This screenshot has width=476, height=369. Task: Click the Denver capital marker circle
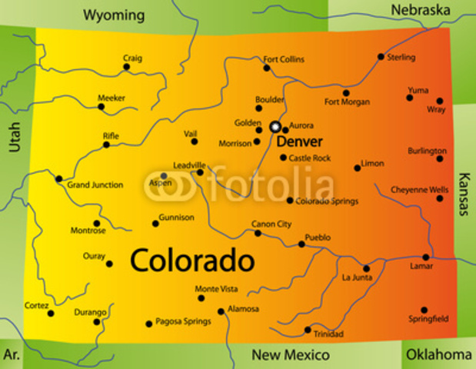pos(275,126)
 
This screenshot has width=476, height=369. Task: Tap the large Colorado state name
pos(192,260)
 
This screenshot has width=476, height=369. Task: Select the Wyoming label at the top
pos(114,15)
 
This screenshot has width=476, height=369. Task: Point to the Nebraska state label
pos(420,10)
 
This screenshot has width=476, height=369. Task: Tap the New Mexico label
pos(291,354)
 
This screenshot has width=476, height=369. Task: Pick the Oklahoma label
pos(438,354)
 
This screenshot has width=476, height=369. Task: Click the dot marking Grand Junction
pos(58,178)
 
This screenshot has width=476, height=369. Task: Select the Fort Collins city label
pos(284,59)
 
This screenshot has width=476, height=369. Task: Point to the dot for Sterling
pos(381,57)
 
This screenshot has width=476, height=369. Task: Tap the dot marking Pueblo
pos(301,244)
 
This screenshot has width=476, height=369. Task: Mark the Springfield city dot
pos(424,310)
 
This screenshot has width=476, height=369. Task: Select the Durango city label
pos(90,312)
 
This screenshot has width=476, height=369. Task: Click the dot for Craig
pos(127,67)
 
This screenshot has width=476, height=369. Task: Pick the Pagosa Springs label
pos(183,321)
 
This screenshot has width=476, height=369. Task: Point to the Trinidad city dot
pos(308,330)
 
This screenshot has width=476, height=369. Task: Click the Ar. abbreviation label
pos(12,354)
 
